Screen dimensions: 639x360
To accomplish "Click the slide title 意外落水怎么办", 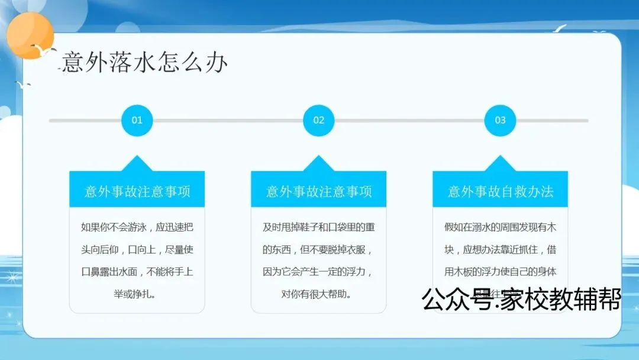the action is pyautogui.click(x=145, y=62).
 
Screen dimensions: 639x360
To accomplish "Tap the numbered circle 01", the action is pyautogui.click(x=137, y=120).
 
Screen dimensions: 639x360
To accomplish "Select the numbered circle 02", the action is pyautogui.click(x=318, y=120).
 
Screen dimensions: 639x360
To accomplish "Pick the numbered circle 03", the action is pyautogui.click(x=500, y=120).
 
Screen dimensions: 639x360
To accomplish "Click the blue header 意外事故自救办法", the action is pyautogui.click(x=500, y=191).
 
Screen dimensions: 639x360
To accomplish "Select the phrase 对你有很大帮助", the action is pyautogui.click(x=315, y=294).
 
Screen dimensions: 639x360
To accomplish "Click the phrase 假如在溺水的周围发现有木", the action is pyautogui.click(x=500, y=227).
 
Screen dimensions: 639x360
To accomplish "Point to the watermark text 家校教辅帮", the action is pyautogui.click(x=560, y=300).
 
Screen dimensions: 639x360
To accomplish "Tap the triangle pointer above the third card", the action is pyautogui.click(x=500, y=163).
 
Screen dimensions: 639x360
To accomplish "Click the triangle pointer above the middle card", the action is pyautogui.click(x=318, y=163).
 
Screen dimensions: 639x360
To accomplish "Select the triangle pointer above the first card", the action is pyautogui.click(x=137, y=163).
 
